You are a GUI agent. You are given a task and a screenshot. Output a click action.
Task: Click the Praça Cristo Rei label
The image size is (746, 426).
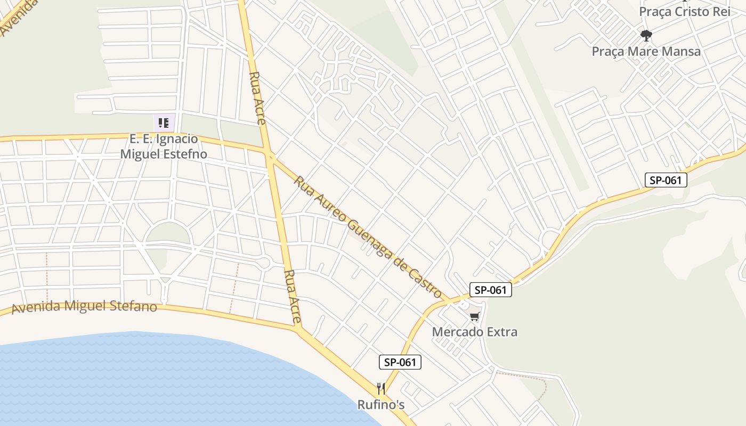coord(684,12)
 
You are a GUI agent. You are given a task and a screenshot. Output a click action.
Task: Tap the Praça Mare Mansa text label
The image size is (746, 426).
coord(646,52)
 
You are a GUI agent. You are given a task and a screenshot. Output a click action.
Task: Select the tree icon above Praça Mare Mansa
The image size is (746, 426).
coord(646,36)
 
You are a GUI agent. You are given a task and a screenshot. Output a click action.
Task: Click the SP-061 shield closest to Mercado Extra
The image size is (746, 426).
coord(490,290)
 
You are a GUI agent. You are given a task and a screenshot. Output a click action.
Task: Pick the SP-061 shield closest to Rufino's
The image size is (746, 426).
coord(400,362)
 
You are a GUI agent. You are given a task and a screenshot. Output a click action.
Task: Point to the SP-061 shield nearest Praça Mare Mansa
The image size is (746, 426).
coord(666,180)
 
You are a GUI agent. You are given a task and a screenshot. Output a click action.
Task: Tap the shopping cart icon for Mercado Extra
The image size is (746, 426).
coord(474,317)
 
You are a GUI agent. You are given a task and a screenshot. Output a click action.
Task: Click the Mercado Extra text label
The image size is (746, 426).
coord(474,332)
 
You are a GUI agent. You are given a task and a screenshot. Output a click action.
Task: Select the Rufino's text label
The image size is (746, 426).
coord(380,405)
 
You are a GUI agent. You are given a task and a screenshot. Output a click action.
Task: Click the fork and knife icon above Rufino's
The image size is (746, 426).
coord(380,388)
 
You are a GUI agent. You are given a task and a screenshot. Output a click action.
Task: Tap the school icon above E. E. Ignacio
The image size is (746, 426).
coord(164,123)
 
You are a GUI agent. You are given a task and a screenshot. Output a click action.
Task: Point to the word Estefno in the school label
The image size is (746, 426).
coord(181,154)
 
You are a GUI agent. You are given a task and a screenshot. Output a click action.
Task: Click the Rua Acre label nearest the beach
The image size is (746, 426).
coord(293,297)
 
